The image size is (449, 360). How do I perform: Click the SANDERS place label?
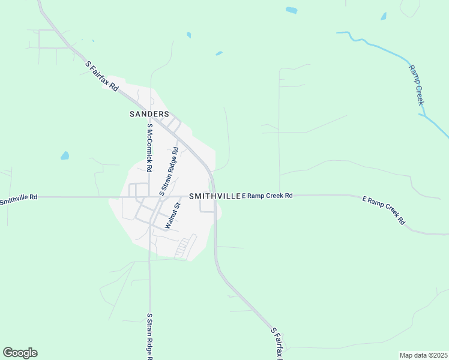(x=149, y=113)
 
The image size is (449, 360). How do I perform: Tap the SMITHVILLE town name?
(x=214, y=196)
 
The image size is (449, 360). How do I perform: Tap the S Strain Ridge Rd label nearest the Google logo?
(x=149, y=337)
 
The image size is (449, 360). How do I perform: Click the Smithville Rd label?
(x=19, y=197)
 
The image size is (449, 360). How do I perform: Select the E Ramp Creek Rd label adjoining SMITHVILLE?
(x=268, y=196)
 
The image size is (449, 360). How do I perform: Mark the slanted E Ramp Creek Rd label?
(x=384, y=210)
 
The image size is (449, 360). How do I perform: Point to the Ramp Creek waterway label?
(x=417, y=85)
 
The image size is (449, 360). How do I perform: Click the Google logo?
(x=20, y=352)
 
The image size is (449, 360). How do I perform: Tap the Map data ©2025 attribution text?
(x=423, y=355)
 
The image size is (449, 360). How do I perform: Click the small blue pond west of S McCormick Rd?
(x=64, y=156)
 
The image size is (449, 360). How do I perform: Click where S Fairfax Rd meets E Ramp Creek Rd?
(x=214, y=196)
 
